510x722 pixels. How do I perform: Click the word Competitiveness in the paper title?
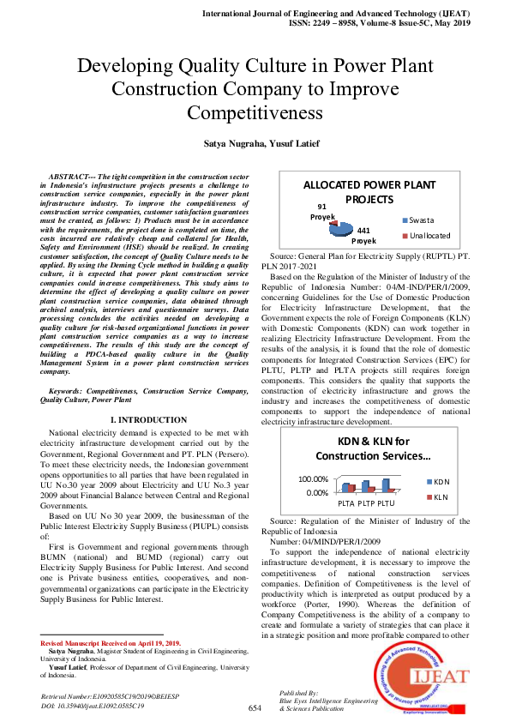pyautogui.click(x=255, y=113)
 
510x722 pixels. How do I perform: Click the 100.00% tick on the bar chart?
pyautogui.click(x=313, y=479)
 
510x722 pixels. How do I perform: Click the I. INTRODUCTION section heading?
pyautogui.click(x=149, y=419)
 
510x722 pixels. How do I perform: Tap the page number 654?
pyautogui.click(x=255, y=708)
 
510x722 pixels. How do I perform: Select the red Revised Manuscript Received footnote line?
pyautogui.click(x=111, y=643)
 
